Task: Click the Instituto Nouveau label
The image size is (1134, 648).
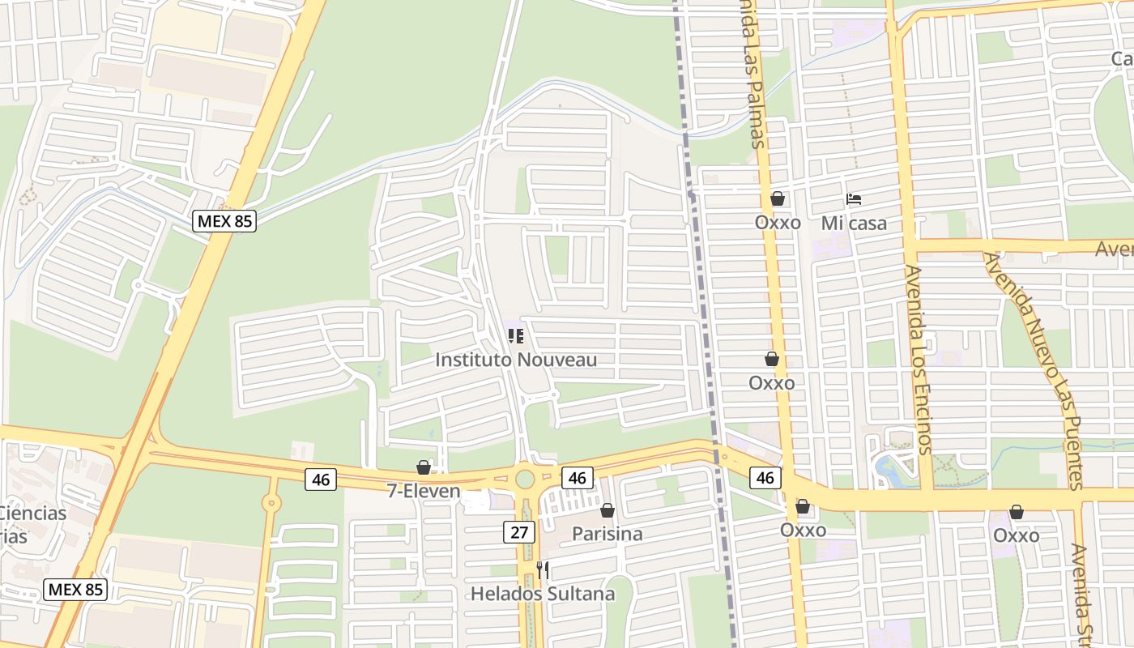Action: [516, 360]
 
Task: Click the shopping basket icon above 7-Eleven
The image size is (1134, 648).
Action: [423, 467]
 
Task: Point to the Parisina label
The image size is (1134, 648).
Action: [607, 534]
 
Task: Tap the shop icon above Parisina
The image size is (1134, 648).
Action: [607, 510]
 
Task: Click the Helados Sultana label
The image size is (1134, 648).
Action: [543, 594]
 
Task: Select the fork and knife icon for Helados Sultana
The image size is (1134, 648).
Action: [543, 570]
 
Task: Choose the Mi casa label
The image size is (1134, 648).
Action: [854, 223]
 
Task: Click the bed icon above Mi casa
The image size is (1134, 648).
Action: [853, 198]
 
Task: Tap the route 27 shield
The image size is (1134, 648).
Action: [518, 532]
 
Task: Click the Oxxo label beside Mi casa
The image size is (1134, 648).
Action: [778, 222]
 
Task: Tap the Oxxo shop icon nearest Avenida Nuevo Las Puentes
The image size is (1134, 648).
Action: [1016, 512]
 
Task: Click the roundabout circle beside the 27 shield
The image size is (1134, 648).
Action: [525, 477]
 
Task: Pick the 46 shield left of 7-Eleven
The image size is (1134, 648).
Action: [321, 480]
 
